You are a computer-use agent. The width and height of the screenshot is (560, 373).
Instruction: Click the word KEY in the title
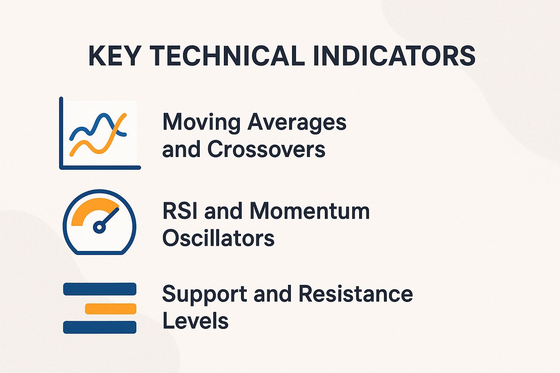pos(114,56)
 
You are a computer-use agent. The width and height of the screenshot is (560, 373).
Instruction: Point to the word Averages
pos(297,123)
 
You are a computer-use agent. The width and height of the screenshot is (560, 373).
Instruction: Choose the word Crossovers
pos(266,149)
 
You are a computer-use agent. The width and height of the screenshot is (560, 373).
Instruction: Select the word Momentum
pos(310,211)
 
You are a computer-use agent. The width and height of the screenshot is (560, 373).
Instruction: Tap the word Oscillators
pos(218,239)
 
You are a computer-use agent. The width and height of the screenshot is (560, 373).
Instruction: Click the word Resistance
pos(355,294)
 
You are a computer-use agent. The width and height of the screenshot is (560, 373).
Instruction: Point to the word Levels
pos(195,321)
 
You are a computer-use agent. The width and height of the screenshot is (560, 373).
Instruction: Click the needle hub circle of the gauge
pos(99,227)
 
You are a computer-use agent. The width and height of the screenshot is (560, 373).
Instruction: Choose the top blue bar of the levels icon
pos(100,289)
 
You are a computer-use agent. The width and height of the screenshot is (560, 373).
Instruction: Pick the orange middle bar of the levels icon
pos(110,309)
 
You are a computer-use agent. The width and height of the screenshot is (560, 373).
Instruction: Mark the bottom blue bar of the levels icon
pos(100,327)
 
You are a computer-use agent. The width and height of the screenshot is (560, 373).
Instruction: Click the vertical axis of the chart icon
pos(61,131)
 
